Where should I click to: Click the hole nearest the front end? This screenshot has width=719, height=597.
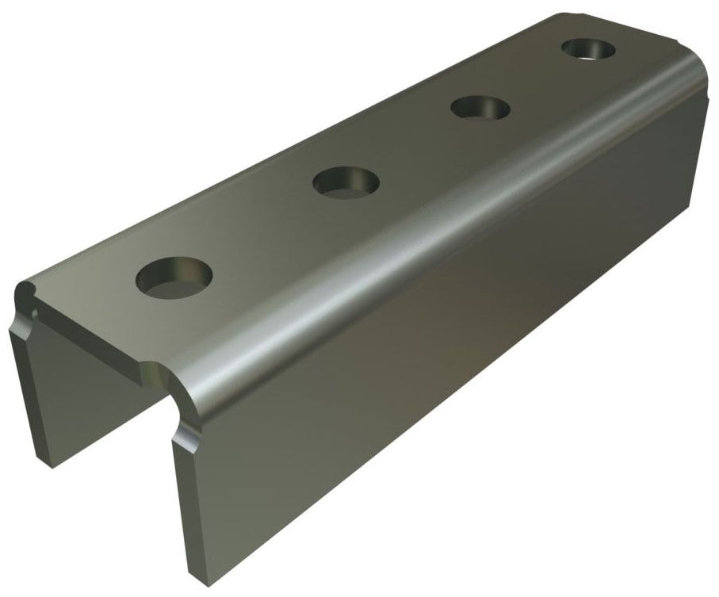(174, 277)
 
